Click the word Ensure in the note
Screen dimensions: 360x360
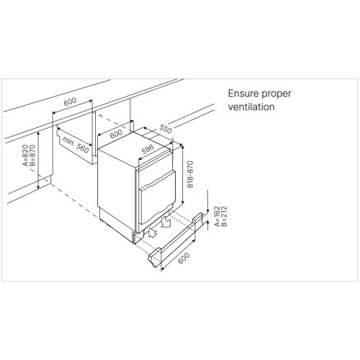[242, 94]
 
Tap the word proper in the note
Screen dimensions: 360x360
[275, 94]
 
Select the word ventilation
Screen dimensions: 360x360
[251, 107]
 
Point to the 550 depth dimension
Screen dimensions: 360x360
[166, 129]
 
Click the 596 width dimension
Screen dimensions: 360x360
[148, 149]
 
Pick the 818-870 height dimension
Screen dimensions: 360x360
[190, 174]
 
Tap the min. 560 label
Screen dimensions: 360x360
[76, 145]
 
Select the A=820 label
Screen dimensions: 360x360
[25, 156]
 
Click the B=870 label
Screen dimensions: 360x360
[32, 156]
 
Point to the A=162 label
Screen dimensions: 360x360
[217, 216]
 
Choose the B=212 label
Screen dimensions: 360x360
[224, 216]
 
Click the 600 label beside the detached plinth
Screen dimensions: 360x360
[184, 258]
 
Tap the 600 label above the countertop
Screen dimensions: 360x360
[70, 102]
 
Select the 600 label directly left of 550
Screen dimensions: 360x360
[116, 134]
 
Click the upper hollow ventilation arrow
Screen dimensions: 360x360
[166, 222]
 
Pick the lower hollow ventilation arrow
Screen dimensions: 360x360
[153, 233]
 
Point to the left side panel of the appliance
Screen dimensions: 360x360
[117, 188]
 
